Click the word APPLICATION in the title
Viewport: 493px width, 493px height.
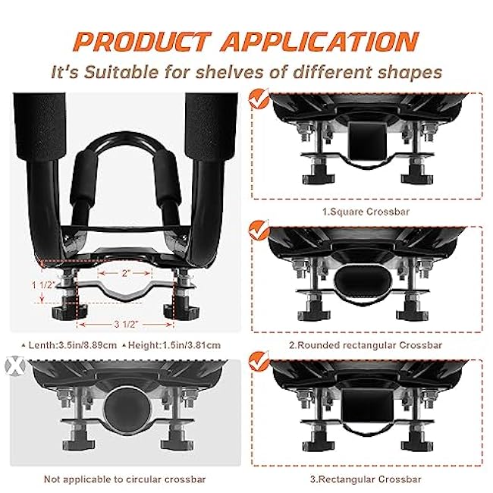[x=319, y=41]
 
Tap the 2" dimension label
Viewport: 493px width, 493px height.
[x=126, y=273]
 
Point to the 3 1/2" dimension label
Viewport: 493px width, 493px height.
[x=125, y=324]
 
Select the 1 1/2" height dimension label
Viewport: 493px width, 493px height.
[x=43, y=285]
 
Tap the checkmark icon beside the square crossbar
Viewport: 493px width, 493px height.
[x=259, y=99]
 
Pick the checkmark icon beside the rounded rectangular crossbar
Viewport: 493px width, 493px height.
[x=259, y=230]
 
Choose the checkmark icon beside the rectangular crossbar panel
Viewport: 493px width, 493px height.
[x=259, y=361]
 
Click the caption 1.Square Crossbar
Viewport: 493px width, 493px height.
[x=366, y=212]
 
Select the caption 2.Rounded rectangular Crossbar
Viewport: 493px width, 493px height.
[x=366, y=345]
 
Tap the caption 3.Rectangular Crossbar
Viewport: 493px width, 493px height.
[x=366, y=479]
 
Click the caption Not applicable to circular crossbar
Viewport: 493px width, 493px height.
[x=125, y=479]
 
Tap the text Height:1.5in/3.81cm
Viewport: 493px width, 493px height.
[x=171, y=345]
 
